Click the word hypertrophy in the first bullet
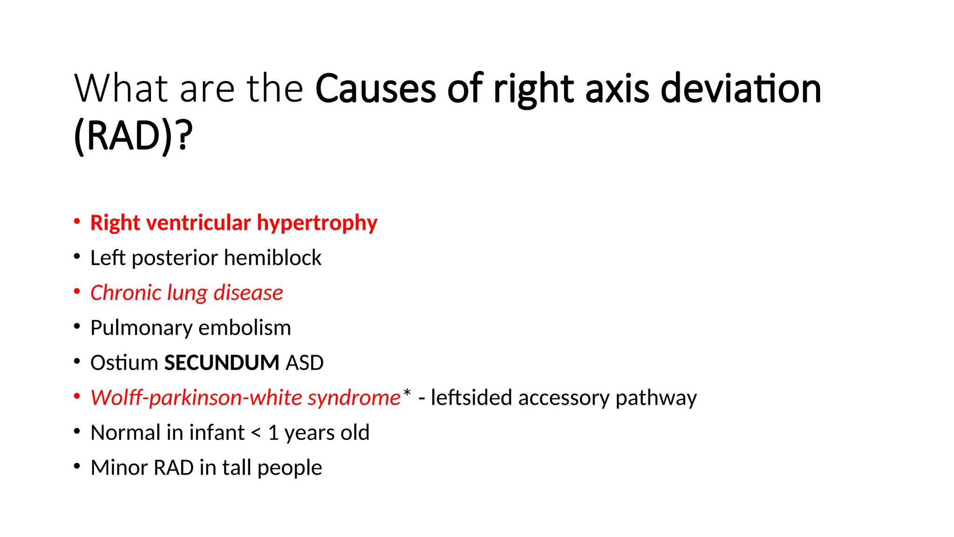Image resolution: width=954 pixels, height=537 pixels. (317, 223)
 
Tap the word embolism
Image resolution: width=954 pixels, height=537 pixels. (245, 328)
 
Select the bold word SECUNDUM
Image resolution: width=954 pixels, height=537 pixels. (221, 363)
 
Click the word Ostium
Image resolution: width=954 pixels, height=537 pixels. (124, 363)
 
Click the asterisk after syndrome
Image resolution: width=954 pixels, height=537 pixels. (407, 393)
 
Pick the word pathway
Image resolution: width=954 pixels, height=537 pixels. (656, 398)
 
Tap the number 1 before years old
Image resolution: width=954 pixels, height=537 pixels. (273, 433)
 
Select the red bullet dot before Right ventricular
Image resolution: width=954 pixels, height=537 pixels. (77, 221)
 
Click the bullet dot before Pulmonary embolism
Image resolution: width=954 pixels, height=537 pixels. (77, 326)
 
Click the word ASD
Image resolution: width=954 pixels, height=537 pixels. (304, 363)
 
